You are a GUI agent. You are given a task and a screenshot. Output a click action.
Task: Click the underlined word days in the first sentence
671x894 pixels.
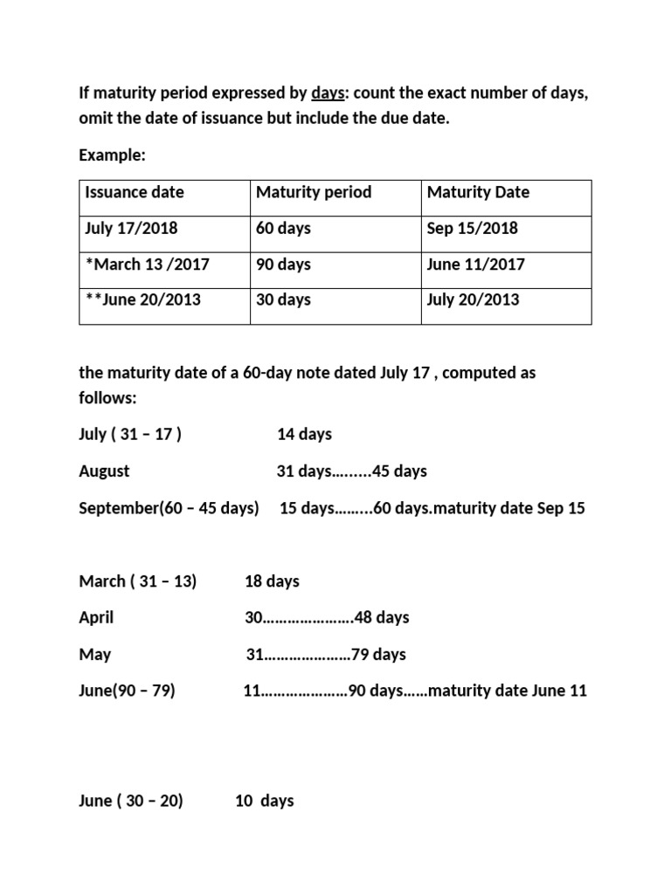328,94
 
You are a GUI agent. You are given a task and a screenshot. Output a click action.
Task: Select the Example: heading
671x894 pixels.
113,155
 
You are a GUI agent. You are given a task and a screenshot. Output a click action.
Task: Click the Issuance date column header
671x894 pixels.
135,192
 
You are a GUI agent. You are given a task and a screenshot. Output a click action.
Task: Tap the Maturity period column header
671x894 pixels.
314,192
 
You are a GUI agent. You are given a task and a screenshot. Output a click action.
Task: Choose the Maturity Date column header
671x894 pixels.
478,192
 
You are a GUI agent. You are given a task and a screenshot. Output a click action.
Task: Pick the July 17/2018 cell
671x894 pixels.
131,229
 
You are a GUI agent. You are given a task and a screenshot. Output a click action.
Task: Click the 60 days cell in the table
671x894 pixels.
283,229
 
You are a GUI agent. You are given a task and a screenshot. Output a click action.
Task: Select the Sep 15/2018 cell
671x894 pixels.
472,229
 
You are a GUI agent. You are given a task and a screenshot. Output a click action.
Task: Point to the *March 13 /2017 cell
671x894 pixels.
147,265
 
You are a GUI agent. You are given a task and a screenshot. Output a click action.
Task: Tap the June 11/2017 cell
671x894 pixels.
476,265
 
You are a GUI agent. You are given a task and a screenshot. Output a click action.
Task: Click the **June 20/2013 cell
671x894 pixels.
142,300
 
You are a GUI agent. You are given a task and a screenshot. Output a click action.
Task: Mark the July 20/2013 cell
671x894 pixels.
473,300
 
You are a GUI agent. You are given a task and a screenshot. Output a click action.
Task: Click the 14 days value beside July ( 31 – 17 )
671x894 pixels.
304,435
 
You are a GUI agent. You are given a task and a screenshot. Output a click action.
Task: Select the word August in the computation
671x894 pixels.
104,471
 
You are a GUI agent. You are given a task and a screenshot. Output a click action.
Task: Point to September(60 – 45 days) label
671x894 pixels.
169,508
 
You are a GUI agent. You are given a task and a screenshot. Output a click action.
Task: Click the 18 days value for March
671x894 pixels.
272,581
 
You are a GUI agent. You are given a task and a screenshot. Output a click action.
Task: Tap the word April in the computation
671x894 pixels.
96,618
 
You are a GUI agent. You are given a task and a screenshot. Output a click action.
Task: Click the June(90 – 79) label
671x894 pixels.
127,691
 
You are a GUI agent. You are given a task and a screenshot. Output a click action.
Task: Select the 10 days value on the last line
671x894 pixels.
265,801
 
